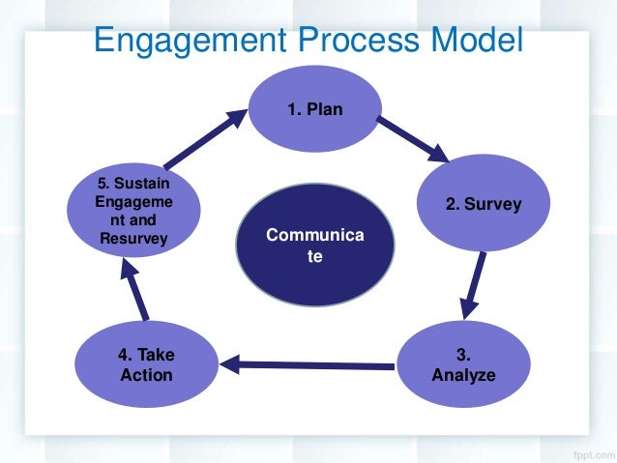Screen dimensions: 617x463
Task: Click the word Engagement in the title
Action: (191, 41)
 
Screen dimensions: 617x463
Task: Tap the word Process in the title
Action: (358, 40)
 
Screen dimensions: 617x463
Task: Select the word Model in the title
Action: (477, 39)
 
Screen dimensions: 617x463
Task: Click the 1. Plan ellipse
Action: (315, 109)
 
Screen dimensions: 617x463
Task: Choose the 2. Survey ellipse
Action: (484, 203)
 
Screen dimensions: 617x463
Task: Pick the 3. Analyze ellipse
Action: (463, 364)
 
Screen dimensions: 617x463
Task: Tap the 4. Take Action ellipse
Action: (146, 364)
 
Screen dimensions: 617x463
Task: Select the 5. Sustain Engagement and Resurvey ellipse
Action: (133, 211)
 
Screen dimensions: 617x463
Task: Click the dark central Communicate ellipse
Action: (315, 245)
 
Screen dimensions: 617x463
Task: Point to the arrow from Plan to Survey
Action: (413, 139)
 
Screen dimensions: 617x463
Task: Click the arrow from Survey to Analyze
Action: (472, 285)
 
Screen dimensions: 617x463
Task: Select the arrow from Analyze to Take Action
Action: (307, 365)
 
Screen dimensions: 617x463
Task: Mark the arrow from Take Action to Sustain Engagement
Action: (134, 290)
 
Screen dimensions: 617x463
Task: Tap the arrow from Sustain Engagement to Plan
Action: (205, 139)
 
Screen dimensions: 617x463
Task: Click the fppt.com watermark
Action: (594, 454)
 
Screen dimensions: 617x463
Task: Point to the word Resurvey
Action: (133, 239)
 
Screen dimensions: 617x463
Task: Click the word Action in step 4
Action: (146, 375)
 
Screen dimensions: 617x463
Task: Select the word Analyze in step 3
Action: (463, 375)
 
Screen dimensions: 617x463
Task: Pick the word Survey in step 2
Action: (492, 204)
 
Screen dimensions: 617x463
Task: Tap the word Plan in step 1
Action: (325, 109)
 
